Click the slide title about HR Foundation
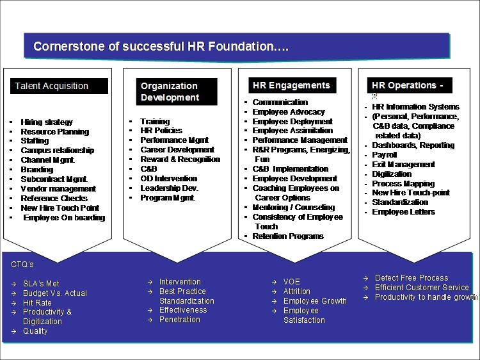pyautogui.click(x=161, y=46)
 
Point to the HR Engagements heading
pyautogui.click(x=291, y=85)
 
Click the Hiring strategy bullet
pyautogui.click(x=47, y=122)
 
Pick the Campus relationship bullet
pyautogui.click(x=57, y=151)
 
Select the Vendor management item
pyautogui.click(x=58, y=189)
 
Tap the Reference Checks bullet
pyautogui.click(x=54, y=199)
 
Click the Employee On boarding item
pyautogui.click(x=64, y=218)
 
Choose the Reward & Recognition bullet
pyautogui.click(x=180, y=160)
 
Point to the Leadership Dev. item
pyautogui.click(x=170, y=188)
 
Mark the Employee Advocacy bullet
pyautogui.click(x=289, y=112)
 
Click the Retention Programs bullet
pyautogui.click(x=288, y=236)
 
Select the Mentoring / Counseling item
pyautogui.click(x=294, y=208)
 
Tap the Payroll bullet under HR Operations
pyautogui.click(x=385, y=155)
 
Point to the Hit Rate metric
pyautogui.click(x=38, y=302)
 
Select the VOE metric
pyautogui.click(x=292, y=282)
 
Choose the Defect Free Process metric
pyautogui.click(x=412, y=278)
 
